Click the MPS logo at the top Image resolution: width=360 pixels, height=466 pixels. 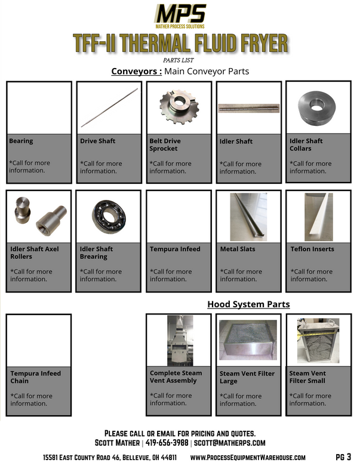point(180,16)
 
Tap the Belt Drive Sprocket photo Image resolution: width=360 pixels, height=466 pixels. point(179,107)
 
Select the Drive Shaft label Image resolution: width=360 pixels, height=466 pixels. point(98,141)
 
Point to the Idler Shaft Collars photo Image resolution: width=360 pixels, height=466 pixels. point(318,107)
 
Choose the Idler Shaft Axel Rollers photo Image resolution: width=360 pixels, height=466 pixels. point(38,216)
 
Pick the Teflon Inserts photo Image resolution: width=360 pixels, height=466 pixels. point(318,216)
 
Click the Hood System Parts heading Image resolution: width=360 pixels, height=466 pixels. point(248,304)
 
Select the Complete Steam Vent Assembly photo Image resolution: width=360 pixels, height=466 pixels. point(179,340)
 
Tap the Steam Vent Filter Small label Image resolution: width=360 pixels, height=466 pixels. point(307,377)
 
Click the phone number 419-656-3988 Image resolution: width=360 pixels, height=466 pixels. point(167,443)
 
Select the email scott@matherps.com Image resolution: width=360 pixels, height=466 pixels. point(229,443)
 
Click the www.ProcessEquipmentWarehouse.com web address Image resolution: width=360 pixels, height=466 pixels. point(248,457)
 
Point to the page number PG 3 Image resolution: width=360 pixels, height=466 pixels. point(344,457)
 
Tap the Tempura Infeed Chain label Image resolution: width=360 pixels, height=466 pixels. point(35,377)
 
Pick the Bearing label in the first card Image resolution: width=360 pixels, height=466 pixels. point(21,141)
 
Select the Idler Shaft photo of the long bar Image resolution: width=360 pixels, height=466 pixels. point(248,108)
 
